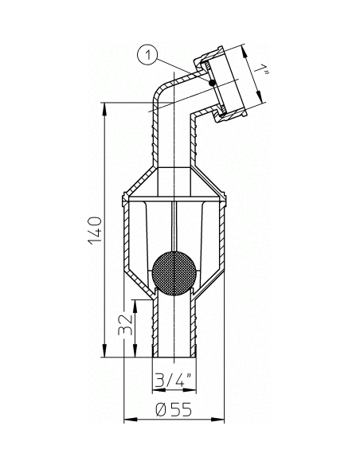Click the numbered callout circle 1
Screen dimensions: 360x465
click(148, 55)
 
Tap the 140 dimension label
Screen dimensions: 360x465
click(96, 231)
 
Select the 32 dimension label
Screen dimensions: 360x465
click(125, 324)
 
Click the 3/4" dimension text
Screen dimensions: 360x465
click(174, 379)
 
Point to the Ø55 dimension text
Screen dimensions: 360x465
click(174, 410)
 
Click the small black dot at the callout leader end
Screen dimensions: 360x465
click(211, 83)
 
